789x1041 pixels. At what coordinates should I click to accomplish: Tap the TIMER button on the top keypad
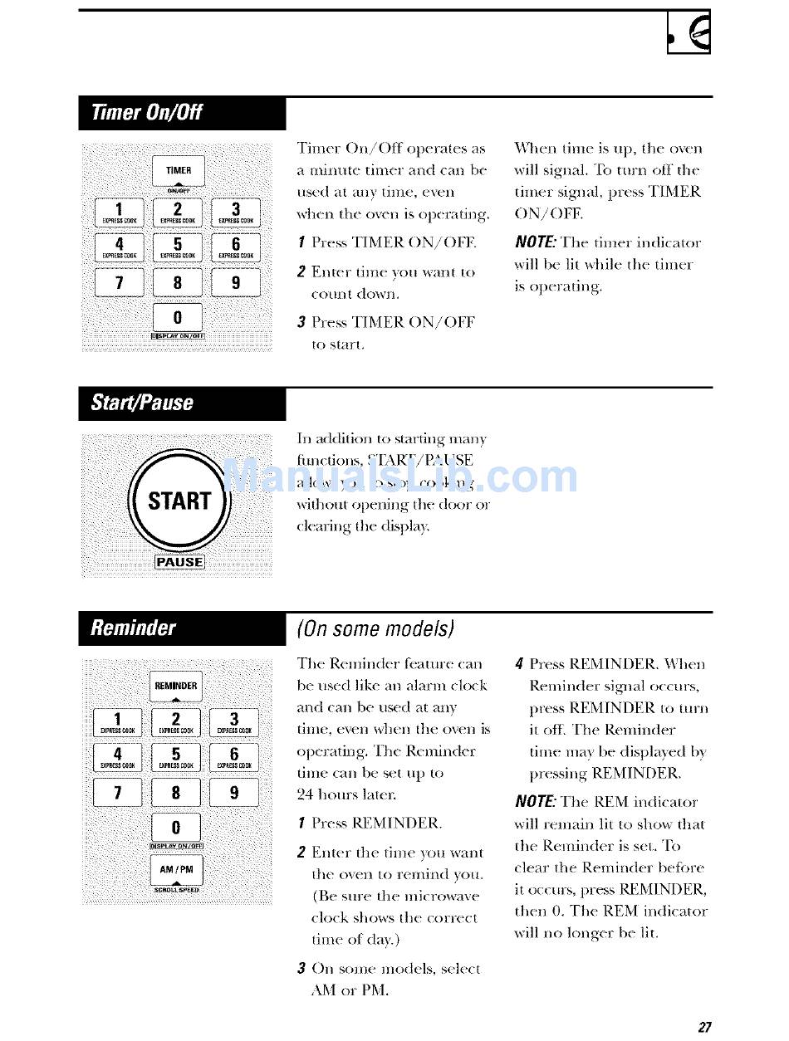(x=179, y=172)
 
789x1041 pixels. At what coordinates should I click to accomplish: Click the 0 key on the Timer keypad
(x=179, y=317)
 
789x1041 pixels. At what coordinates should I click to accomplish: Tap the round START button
(x=179, y=501)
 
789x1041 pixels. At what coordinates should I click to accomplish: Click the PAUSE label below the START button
(x=179, y=562)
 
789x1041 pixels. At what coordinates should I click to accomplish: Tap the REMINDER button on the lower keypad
(x=177, y=687)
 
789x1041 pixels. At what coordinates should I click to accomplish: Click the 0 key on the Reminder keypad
(x=177, y=828)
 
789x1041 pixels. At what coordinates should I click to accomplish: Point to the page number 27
(x=704, y=1027)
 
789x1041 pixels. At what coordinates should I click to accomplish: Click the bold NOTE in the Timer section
(x=535, y=242)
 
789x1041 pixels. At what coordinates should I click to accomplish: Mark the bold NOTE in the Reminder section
(x=535, y=802)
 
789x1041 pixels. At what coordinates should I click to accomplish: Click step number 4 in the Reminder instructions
(x=518, y=664)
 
